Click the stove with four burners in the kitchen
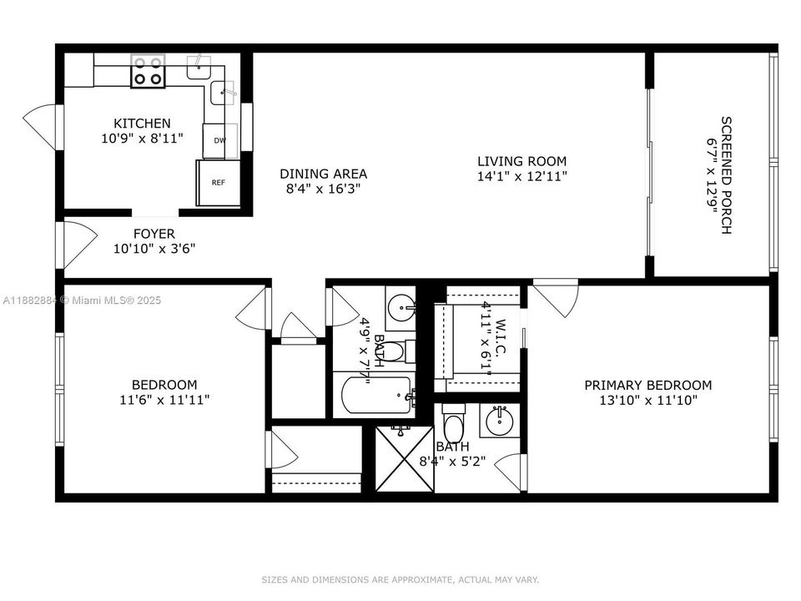(148, 71)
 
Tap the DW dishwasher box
(219, 141)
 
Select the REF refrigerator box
(218, 182)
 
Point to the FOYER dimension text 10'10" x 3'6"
(154, 248)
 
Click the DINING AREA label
(323, 174)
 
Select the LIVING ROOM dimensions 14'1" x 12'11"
(522, 176)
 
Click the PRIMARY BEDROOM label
(647, 385)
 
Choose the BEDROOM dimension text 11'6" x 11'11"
(164, 400)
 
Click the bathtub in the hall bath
(375, 396)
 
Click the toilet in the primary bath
(453, 427)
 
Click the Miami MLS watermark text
(82, 300)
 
